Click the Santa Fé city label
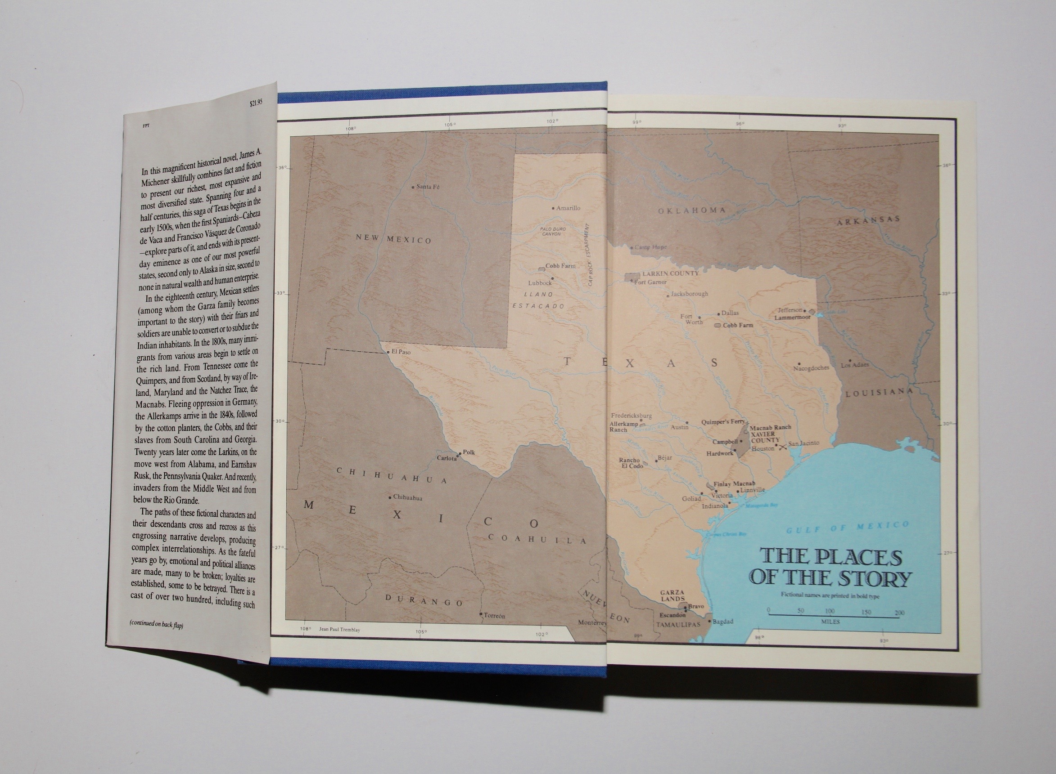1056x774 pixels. [x=428, y=187]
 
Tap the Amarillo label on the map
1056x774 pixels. [x=568, y=208]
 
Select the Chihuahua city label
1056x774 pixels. [x=407, y=497]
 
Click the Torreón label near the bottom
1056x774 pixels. [x=494, y=616]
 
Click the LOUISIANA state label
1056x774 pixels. [x=879, y=393]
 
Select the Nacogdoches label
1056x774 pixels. [x=811, y=368]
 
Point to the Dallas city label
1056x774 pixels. [x=730, y=313]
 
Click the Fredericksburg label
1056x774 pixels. [x=631, y=416]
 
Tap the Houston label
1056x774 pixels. [x=763, y=448]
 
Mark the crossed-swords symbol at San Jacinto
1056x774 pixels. [x=782, y=447]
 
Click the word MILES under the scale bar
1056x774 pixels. [x=830, y=622]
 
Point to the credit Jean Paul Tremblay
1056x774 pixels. [x=339, y=630]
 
